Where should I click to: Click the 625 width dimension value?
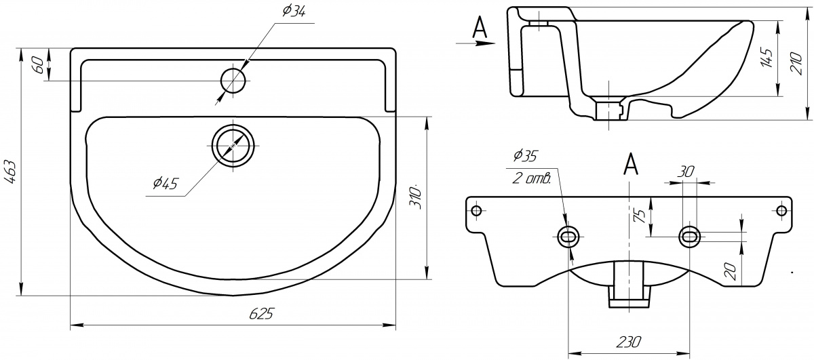(x=262, y=313)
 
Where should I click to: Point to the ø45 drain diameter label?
(x=166, y=184)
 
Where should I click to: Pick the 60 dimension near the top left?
(x=39, y=64)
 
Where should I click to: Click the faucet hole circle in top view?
(x=233, y=81)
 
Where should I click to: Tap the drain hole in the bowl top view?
(x=234, y=146)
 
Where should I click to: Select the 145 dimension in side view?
(x=767, y=58)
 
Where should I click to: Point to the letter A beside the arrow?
(x=480, y=26)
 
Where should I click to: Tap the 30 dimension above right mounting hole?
(x=686, y=172)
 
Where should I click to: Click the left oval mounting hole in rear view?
(x=568, y=237)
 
